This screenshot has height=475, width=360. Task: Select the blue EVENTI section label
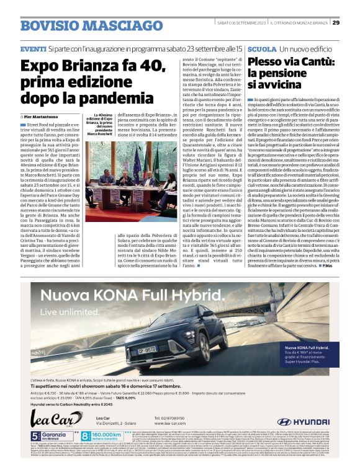coord(33,48)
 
